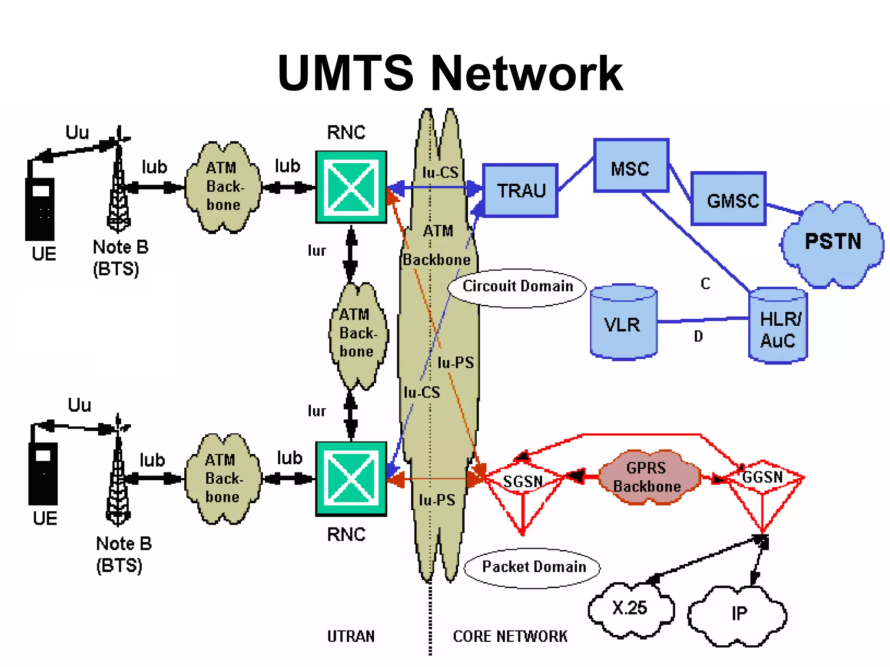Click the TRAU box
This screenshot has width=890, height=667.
pyautogui.click(x=520, y=191)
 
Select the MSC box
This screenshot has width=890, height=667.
pyautogui.click(x=631, y=166)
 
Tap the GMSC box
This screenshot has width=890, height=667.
pyautogui.click(x=729, y=199)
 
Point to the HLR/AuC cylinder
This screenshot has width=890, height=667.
pyautogui.click(x=778, y=327)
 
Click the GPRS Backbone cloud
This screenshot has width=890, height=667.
pyautogui.click(x=648, y=477)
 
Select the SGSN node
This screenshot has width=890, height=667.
pyautogui.click(x=523, y=482)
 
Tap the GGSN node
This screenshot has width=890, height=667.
pyautogui.click(x=763, y=477)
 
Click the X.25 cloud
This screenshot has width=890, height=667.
pyautogui.click(x=630, y=608)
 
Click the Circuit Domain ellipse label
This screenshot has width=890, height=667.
pyautogui.click(x=517, y=287)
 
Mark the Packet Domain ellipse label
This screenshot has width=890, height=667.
pyautogui.click(x=534, y=567)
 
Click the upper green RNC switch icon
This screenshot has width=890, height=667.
pyautogui.click(x=351, y=187)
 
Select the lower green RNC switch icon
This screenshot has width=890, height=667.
pyautogui.click(x=351, y=479)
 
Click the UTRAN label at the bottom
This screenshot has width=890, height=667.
pyautogui.click(x=351, y=637)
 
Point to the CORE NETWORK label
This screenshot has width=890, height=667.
pyautogui.click(x=510, y=637)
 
